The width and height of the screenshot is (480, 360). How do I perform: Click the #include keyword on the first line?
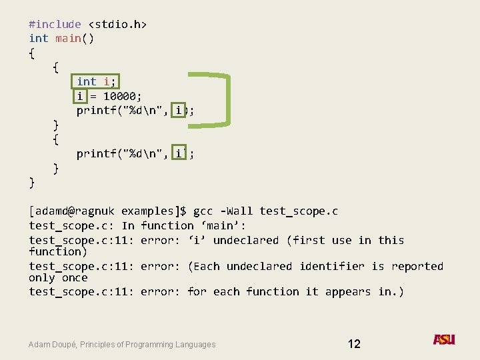tap(55, 24)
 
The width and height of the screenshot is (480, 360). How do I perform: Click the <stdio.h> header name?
tap(117, 24)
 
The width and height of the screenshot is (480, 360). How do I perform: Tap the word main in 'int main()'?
tap(68, 38)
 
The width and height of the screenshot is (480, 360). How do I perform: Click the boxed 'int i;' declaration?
tap(97, 81)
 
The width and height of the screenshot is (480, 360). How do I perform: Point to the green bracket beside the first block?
tap(227, 98)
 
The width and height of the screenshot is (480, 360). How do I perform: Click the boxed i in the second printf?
tap(178, 154)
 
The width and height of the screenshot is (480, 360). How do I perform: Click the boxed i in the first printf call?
tap(178, 111)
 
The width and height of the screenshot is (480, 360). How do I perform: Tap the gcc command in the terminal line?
tap(203, 211)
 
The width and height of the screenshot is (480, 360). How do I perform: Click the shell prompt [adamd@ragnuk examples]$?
tap(107, 211)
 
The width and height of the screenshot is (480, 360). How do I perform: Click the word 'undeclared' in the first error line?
tap(246, 240)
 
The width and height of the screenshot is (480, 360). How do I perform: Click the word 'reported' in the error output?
tap(417, 267)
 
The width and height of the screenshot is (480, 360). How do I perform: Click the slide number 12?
tap(354, 344)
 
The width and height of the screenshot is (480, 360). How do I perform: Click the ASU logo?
tap(444, 339)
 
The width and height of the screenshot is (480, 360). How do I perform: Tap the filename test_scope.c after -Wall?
tap(299, 211)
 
